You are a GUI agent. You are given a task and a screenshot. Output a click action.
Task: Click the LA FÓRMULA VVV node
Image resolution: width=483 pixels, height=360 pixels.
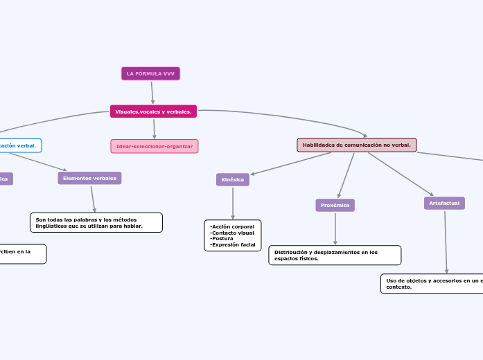(x=150, y=73)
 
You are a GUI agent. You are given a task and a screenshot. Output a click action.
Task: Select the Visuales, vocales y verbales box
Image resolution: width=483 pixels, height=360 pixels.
(x=153, y=111)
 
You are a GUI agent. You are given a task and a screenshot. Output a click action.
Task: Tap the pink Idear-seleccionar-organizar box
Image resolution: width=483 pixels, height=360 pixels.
(x=155, y=146)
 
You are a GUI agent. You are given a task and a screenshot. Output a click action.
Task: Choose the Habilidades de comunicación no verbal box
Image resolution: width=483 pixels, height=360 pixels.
(x=357, y=145)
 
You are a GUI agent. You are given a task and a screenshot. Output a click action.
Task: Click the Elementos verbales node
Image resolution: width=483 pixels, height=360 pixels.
(x=89, y=179)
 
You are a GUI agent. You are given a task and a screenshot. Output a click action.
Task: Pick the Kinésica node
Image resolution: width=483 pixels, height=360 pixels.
(x=233, y=180)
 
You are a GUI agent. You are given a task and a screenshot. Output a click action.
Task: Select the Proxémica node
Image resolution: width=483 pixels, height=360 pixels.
(x=335, y=206)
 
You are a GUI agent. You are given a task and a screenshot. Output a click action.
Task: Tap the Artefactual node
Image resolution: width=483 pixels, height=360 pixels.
(x=444, y=203)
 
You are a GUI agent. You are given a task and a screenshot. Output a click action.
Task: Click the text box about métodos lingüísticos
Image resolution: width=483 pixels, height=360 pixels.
(x=96, y=222)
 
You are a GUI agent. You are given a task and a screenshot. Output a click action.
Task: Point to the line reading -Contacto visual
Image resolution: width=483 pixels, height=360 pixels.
(x=231, y=233)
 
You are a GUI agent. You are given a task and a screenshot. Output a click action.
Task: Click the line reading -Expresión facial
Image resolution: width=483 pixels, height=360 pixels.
(x=232, y=244)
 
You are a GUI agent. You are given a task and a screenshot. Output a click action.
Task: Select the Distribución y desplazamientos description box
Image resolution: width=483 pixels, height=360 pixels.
(x=335, y=255)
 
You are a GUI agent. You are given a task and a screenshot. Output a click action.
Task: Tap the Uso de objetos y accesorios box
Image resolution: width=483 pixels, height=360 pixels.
(x=431, y=283)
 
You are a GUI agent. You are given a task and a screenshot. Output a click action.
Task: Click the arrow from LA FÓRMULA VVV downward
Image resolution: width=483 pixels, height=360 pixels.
(x=152, y=93)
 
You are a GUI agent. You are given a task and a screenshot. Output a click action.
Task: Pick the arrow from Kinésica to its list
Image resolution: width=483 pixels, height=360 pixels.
(x=233, y=204)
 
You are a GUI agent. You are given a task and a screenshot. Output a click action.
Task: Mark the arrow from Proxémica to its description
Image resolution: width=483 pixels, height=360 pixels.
(x=335, y=228)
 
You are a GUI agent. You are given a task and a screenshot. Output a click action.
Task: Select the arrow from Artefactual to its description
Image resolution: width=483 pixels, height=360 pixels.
(x=446, y=242)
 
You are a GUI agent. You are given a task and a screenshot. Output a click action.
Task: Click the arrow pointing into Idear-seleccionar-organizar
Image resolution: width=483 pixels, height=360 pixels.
(x=154, y=129)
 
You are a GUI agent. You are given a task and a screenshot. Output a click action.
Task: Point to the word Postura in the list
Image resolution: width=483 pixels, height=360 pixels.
(x=222, y=238)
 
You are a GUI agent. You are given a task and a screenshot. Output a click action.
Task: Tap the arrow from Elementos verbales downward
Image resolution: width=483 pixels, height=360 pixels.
(x=93, y=199)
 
